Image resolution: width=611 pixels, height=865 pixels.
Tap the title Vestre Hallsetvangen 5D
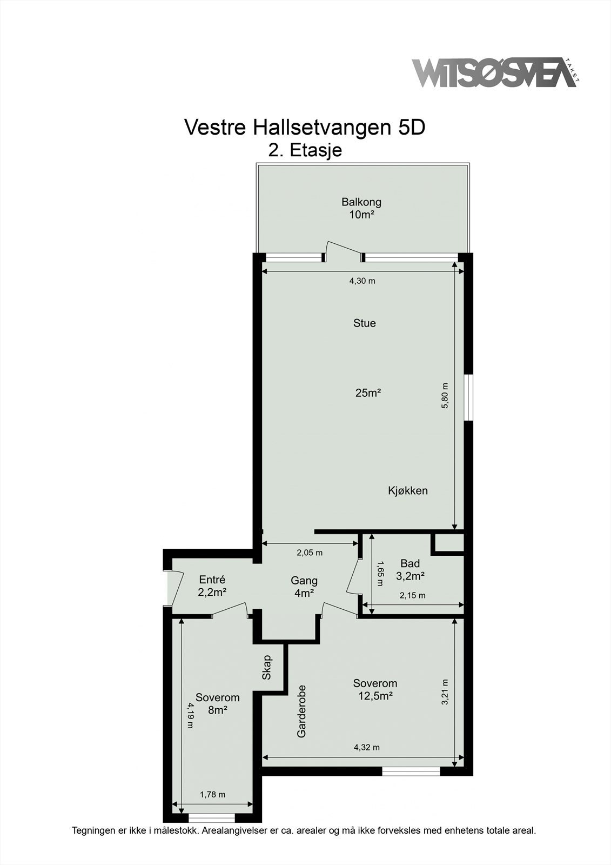coord(305,128)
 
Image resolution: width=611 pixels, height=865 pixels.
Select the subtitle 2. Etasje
coord(305,150)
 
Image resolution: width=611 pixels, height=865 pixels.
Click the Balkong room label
coord(361,202)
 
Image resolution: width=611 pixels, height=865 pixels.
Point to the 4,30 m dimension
coord(362,281)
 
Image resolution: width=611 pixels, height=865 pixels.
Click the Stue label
coord(364,323)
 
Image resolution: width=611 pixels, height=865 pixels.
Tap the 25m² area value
coord(368,393)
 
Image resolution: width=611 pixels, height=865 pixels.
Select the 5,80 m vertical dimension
coord(445,396)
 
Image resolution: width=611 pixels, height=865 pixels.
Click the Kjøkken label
coord(408,491)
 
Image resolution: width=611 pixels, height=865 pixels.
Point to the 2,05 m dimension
coord(310,553)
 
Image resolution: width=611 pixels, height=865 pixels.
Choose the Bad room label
coord(410,563)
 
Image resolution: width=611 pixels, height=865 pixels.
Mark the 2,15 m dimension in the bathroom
coord(412,596)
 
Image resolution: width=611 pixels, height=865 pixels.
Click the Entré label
coord(212,580)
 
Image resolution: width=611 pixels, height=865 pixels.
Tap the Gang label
coord(304,581)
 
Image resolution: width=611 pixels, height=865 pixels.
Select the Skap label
coord(266,668)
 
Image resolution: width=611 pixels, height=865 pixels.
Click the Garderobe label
coord(301,711)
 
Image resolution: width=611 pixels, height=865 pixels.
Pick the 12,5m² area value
coord(375,696)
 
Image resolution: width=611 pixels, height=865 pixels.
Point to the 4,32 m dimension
coord(366,748)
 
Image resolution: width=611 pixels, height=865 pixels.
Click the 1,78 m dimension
coord(212,795)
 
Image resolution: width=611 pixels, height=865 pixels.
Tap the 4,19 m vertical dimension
coord(190,715)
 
